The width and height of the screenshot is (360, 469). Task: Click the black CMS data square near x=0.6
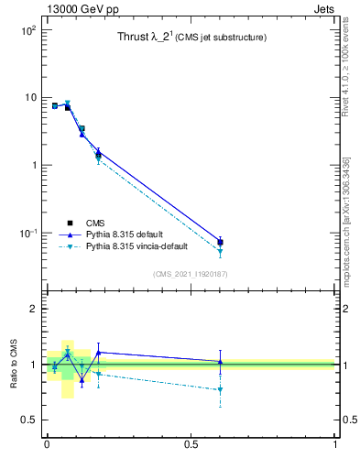pos(220,242)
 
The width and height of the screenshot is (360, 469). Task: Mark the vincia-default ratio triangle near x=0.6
pos(220,390)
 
